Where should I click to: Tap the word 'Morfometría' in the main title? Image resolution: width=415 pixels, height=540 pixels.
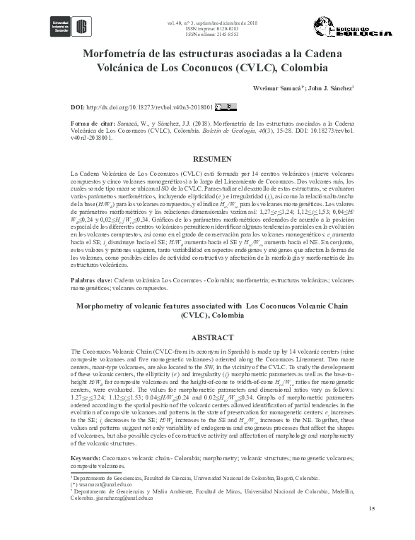click(x=117, y=53)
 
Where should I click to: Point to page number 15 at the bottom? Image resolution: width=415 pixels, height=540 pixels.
click(x=351, y=509)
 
